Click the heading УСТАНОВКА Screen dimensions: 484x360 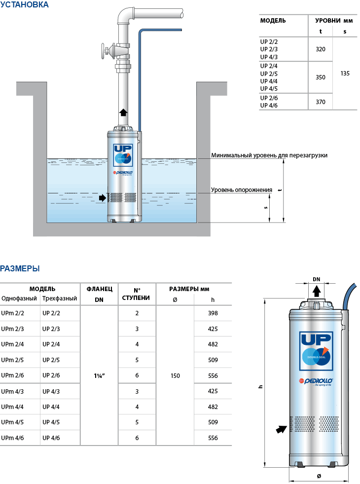tap(24, 5)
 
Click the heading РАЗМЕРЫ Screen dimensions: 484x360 tap(20, 268)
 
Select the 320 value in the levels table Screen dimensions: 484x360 tap(320, 49)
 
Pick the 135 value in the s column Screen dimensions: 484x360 tap(345, 73)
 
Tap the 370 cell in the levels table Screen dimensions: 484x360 tap(320, 102)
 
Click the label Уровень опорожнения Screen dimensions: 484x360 tap(242, 190)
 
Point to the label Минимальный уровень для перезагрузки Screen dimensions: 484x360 tap(269, 155)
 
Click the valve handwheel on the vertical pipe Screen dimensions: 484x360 tap(104, 51)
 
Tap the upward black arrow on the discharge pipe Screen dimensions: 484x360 tap(123, 111)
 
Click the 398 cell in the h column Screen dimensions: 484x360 tap(213, 313)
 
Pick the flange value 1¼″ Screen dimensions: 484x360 tap(99, 376)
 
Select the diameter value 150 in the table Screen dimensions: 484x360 tap(175, 376)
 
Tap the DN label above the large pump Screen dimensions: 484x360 tap(316, 279)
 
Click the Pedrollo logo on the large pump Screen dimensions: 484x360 tap(316, 380)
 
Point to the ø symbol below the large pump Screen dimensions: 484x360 tap(319, 476)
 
